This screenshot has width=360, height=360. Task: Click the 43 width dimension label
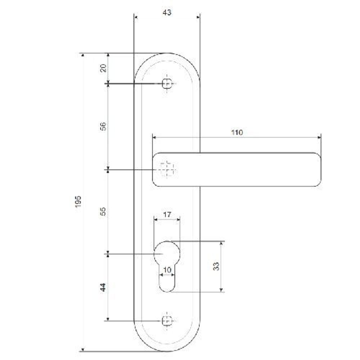tap(167, 12)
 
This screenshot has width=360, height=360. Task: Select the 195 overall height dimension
tap(78, 202)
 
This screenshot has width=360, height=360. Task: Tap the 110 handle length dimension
tap(237, 132)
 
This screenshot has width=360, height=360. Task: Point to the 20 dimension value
tap(103, 68)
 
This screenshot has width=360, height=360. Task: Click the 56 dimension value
tap(103, 126)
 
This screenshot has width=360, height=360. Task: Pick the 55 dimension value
tap(103, 211)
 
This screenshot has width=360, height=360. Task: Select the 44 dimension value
tap(103, 287)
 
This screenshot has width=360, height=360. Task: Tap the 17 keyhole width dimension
tap(167, 215)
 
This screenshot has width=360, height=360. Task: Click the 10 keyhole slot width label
tap(167, 270)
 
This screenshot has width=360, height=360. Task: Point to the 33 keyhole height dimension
tap(216, 266)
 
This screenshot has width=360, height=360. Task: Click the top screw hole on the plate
tap(166, 84)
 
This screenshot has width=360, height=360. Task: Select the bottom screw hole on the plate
tap(166, 320)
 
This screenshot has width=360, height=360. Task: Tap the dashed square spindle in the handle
tap(167, 169)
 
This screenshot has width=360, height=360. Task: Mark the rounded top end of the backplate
tap(167, 58)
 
